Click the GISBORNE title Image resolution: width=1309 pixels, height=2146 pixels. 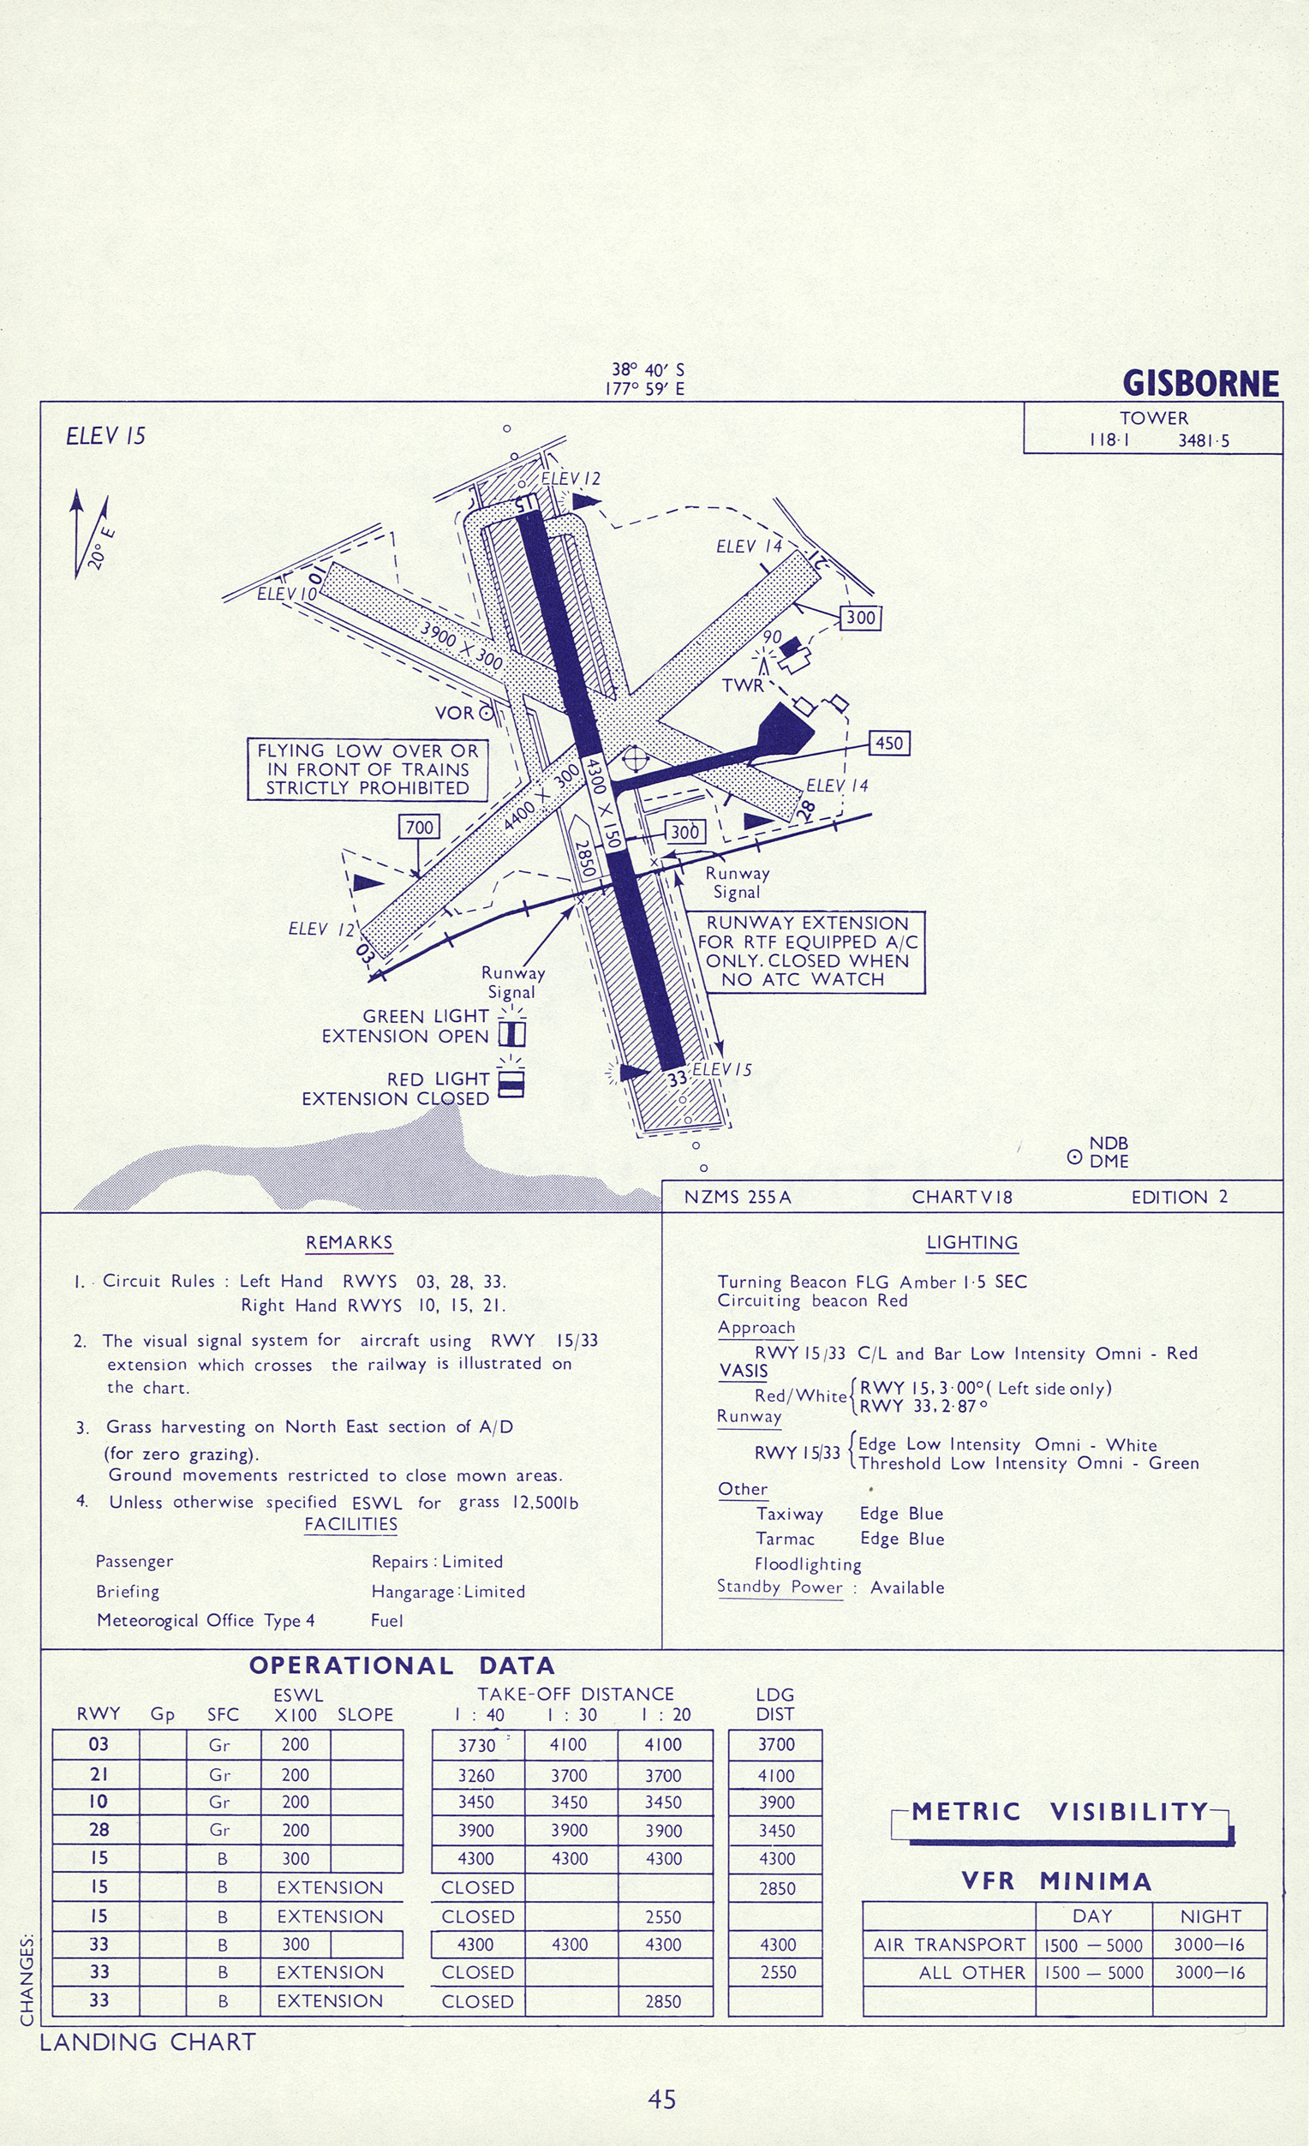[x=1200, y=383]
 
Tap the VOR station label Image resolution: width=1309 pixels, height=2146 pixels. [x=455, y=714]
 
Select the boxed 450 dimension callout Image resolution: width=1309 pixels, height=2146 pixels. [x=889, y=743]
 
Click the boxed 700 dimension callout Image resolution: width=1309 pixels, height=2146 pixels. [x=419, y=827]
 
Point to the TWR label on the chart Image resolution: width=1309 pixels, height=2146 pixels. [x=742, y=685]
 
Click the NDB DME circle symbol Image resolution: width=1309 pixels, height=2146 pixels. [x=1075, y=1157]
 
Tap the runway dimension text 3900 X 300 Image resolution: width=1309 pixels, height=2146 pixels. [x=461, y=645]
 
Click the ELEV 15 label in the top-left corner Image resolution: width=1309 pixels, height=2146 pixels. [x=105, y=435]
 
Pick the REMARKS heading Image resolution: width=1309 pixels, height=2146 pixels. [x=350, y=1243]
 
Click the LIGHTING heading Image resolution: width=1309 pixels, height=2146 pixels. [x=972, y=1243]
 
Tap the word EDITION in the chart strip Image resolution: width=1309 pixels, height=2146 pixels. [x=1169, y=1198]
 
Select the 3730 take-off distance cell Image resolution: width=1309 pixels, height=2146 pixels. [x=476, y=1745]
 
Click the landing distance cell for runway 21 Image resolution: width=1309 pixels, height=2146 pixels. [x=775, y=1775]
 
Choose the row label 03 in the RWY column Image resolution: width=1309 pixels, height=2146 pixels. [x=99, y=1744]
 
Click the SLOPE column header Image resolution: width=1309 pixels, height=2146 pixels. [x=365, y=1715]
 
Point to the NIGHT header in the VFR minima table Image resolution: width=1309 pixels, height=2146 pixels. [x=1210, y=1916]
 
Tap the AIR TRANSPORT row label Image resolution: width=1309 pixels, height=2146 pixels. [x=949, y=1945]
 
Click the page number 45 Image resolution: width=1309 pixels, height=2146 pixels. [x=662, y=2100]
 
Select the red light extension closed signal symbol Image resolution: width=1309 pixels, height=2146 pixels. [x=511, y=1083]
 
